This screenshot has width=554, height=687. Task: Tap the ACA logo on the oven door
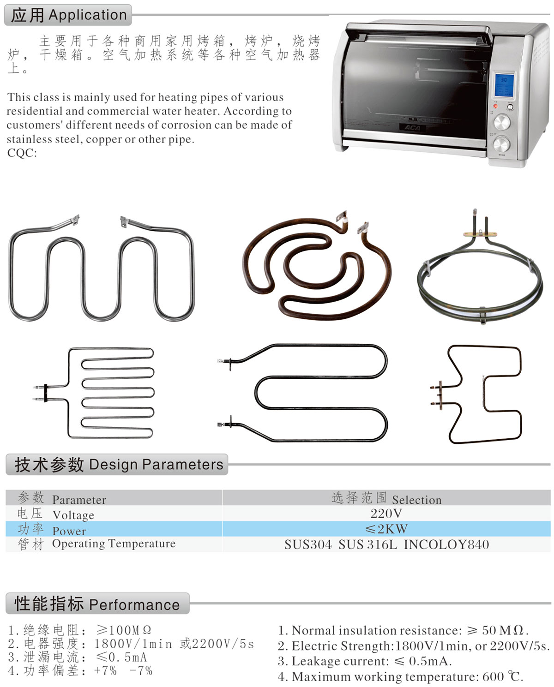tap(412, 128)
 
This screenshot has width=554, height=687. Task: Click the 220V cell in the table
tap(386, 513)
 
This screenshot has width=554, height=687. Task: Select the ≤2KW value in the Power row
tap(386, 529)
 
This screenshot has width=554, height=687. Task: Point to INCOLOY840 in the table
tap(446, 544)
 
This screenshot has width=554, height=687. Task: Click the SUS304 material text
tap(307, 544)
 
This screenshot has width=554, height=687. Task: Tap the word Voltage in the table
tap(73, 515)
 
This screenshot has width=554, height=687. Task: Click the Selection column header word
tap(416, 500)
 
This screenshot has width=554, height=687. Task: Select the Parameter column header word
tap(79, 500)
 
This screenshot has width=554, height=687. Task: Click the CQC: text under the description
tap(22, 153)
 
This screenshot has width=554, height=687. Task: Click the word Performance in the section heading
tap(134, 605)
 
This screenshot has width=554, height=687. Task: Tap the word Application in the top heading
tap(88, 15)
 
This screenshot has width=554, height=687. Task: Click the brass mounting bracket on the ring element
tap(480, 234)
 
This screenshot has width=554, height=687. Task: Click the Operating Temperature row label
tap(114, 544)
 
